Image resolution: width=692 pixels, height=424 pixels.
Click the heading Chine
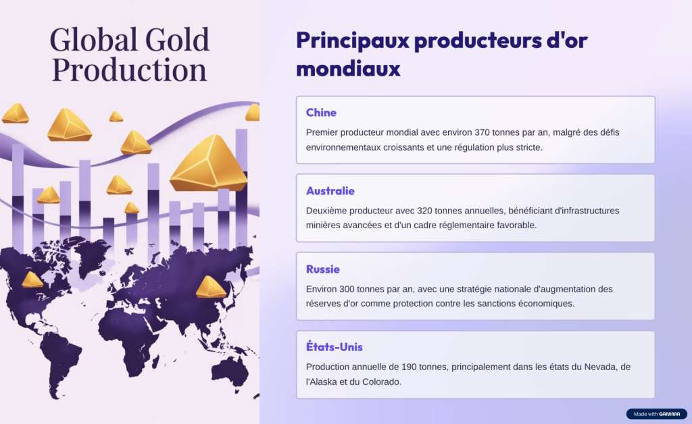click(321, 113)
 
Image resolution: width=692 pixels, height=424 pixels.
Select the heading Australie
click(330, 191)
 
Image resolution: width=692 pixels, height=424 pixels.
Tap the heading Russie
click(322, 269)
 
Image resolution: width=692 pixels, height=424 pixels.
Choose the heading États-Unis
click(334, 347)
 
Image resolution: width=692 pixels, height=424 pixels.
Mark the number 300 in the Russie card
click(347, 289)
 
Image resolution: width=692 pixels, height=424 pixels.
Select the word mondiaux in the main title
click(348, 69)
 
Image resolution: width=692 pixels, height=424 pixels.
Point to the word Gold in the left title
click(177, 40)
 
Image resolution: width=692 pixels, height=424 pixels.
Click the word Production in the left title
click(129, 70)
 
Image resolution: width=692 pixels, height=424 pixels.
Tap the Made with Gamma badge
click(657, 414)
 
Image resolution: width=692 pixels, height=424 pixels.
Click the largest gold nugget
click(208, 163)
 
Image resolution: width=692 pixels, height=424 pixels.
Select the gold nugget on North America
click(32, 280)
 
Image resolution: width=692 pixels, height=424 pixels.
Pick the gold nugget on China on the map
click(211, 287)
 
